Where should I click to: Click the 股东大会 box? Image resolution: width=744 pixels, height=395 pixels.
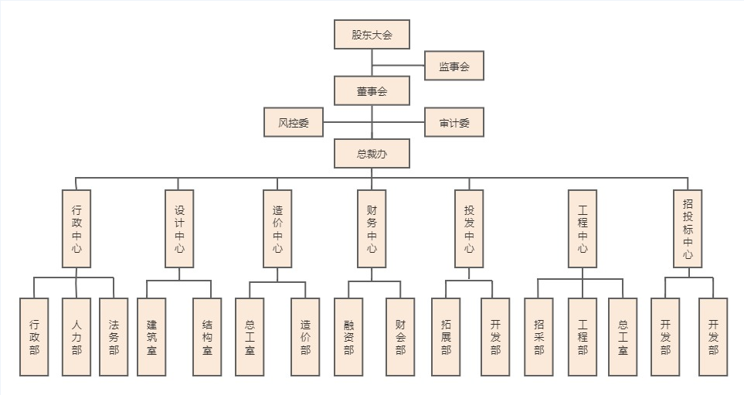click(372, 35)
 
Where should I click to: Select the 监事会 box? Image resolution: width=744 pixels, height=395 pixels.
click(454, 66)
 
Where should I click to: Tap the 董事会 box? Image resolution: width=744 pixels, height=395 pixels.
click(372, 90)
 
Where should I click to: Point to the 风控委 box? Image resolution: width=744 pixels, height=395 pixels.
click(294, 122)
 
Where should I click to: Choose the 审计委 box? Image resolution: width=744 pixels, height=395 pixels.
click(454, 122)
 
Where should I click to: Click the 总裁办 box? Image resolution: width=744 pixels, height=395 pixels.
click(372, 153)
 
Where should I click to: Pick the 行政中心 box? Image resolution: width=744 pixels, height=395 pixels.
click(76, 229)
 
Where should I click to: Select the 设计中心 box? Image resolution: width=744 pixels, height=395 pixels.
click(179, 229)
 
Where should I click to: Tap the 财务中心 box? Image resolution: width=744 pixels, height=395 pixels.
click(372, 229)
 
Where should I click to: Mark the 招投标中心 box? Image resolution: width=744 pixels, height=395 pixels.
click(688, 229)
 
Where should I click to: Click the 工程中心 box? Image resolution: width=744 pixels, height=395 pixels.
click(583, 229)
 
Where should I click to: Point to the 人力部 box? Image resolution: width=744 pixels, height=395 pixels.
click(76, 337)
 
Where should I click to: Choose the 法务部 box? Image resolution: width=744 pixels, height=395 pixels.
click(114, 337)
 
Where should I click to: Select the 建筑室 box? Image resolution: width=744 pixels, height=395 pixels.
click(151, 337)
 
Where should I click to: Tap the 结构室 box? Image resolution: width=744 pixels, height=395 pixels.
click(207, 337)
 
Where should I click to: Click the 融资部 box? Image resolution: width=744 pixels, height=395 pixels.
click(348, 337)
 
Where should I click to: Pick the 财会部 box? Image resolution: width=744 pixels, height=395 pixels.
click(400, 337)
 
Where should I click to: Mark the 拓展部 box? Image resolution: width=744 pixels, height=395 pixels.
click(446, 337)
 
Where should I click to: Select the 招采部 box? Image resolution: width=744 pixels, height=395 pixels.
click(538, 337)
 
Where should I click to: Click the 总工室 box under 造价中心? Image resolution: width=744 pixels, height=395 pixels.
click(250, 337)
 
